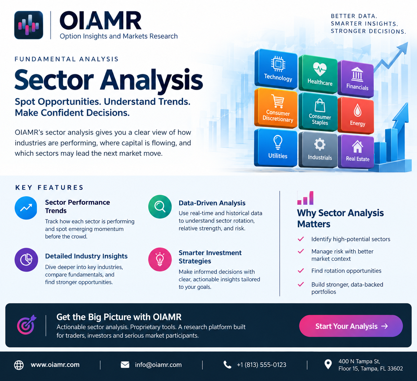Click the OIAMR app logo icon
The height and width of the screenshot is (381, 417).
tap(29, 25)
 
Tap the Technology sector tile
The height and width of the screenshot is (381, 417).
tap(276, 69)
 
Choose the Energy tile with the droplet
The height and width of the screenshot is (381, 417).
tap(356, 115)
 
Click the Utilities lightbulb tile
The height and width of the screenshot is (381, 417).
tap(276, 147)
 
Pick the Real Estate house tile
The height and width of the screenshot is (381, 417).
tap(356, 151)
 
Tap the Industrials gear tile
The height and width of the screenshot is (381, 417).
tap(318, 150)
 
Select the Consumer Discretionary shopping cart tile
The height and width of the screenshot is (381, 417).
tap(276, 108)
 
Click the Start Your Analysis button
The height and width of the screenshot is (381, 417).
tap(351, 326)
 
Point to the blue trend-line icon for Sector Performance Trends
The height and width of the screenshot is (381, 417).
tap(26, 208)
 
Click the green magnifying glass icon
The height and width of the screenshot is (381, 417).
tap(160, 207)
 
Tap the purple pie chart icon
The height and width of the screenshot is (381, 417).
tap(26, 260)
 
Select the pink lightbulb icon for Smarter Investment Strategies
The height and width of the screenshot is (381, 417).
tap(160, 259)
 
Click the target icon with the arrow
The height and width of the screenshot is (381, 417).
tap(26, 325)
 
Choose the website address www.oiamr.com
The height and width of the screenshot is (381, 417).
tap(55, 364)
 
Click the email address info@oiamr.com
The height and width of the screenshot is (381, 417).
tap(158, 365)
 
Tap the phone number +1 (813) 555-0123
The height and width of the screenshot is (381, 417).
tap(262, 365)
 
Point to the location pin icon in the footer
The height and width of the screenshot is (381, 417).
tap(328, 364)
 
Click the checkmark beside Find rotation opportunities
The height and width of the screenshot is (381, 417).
tap(301, 270)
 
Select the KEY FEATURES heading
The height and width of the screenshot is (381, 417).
tap(49, 187)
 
